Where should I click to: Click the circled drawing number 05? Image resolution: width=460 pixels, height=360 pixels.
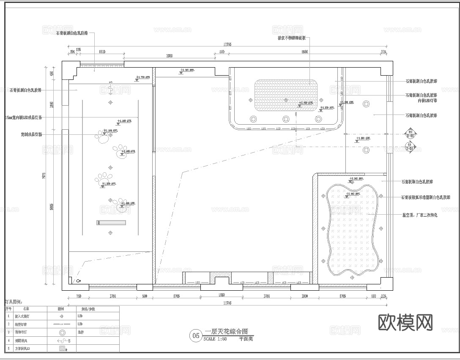(196, 336)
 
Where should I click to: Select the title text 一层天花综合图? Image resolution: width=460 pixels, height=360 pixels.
(226, 332)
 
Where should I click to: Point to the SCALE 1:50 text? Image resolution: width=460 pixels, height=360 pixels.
(215, 339)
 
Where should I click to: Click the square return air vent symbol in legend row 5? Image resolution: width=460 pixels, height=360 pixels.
(62, 349)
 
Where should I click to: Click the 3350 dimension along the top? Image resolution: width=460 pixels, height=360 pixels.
(169, 55)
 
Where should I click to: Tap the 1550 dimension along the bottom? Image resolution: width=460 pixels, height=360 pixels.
(222, 295)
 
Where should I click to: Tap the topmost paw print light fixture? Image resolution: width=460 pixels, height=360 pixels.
(102, 136)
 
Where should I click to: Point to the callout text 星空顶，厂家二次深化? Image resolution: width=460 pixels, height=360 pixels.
(419, 215)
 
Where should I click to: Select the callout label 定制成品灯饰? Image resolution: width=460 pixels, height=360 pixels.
(31, 135)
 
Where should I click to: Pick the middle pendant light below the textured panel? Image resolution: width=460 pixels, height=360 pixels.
(286, 119)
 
